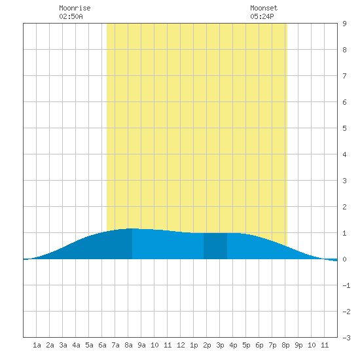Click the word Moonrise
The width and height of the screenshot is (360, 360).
tap(75, 8)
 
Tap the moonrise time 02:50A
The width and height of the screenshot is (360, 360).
tap(71, 16)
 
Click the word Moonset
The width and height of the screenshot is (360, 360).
tap(264, 8)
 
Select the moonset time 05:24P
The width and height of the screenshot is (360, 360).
tap(262, 16)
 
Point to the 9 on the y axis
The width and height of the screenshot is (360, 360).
tap(344, 24)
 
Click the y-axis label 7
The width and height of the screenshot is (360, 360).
tap(344, 76)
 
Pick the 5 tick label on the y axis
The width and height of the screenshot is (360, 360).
tap(344, 128)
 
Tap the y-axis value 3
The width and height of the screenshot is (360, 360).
tap(344, 181)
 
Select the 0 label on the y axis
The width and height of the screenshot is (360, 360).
tap(344, 259)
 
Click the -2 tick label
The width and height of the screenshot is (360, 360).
tap(346, 312)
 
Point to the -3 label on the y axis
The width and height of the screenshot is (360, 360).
tap(346, 338)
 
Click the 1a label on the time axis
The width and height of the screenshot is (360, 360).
tap(37, 345)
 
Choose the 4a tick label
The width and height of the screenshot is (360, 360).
tap(76, 345)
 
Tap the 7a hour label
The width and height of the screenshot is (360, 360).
tap(115, 345)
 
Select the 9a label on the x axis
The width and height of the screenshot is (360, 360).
tap(141, 345)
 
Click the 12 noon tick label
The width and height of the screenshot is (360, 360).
tap(181, 345)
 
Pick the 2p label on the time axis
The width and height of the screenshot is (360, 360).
tap(207, 345)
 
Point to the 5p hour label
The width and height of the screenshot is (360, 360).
tap(246, 345)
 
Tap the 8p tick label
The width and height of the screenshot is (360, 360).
tap(285, 345)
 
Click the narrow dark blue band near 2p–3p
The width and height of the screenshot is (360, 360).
tap(215, 246)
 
